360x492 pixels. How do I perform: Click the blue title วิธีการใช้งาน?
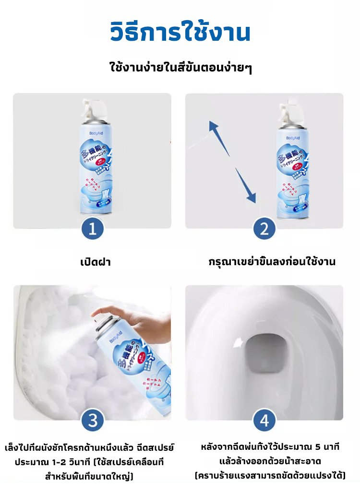click(x=180, y=33)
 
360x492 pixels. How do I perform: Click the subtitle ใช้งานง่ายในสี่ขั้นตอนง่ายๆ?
click(x=181, y=68)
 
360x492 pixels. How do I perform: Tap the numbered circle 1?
click(x=92, y=229)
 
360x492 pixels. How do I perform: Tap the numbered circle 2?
click(x=264, y=229)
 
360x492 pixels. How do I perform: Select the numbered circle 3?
click(x=92, y=421)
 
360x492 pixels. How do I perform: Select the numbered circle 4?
click(x=264, y=421)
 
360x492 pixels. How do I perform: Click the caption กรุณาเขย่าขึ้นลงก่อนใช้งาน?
click(x=272, y=262)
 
